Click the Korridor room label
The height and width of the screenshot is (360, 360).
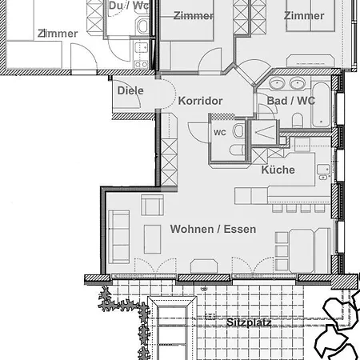click(x=200, y=101)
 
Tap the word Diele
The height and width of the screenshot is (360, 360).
click(x=130, y=90)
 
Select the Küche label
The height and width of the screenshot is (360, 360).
click(x=278, y=170)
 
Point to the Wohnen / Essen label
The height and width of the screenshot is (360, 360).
click(x=213, y=229)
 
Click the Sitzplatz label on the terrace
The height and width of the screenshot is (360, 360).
click(x=249, y=322)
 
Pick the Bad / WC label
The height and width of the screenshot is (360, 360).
click(x=291, y=101)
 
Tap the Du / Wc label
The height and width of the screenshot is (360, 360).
click(x=129, y=6)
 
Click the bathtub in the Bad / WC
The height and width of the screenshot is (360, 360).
click(x=321, y=105)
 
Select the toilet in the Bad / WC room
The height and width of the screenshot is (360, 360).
click(x=298, y=120)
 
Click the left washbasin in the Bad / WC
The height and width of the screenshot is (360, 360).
click(x=277, y=83)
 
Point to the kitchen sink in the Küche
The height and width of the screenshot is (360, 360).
click(x=323, y=172)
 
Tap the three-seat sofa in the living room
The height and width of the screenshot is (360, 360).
click(x=119, y=237)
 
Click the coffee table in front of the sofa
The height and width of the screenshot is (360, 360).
click(x=153, y=239)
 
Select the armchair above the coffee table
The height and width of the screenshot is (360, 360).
click(x=152, y=205)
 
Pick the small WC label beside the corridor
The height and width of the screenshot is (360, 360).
click(x=220, y=133)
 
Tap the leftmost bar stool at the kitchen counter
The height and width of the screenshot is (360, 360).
click(x=277, y=208)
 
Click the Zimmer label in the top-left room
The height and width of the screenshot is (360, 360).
click(x=58, y=34)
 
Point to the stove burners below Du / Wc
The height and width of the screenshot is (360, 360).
click(x=142, y=64)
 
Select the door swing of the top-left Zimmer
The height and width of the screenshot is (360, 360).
click(x=83, y=58)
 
